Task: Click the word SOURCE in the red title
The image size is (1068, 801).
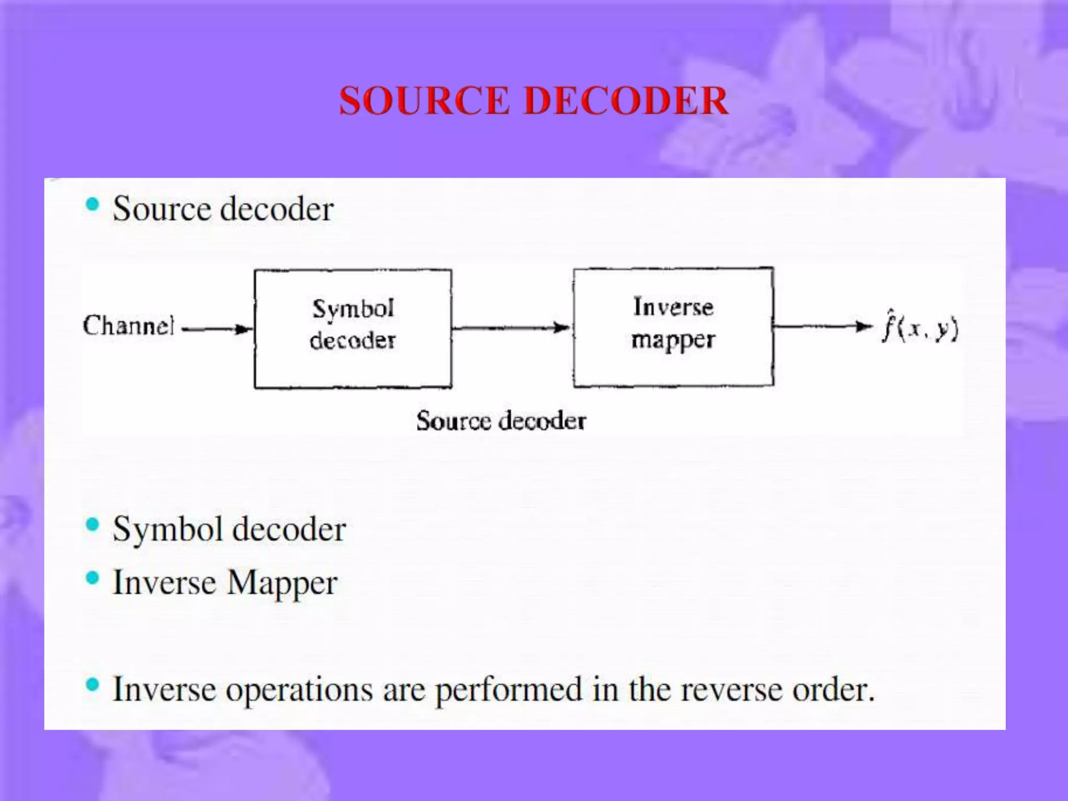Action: pyautogui.click(x=424, y=100)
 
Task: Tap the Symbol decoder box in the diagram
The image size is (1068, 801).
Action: pyautogui.click(x=353, y=329)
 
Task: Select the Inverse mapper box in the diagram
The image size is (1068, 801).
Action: pyautogui.click(x=673, y=327)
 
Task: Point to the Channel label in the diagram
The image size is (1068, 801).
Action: pyautogui.click(x=128, y=325)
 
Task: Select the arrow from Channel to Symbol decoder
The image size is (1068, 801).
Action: pyautogui.click(x=217, y=329)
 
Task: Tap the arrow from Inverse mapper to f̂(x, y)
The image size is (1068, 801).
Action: pyautogui.click(x=823, y=327)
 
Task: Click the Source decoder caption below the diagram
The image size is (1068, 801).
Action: pyautogui.click(x=501, y=421)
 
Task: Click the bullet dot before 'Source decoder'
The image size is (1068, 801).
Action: pyautogui.click(x=92, y=204)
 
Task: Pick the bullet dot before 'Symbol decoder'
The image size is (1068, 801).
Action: pyautogui.click(x=92, y=525)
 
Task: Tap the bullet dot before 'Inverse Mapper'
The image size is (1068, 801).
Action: pyautogui.click(x=92, y=578)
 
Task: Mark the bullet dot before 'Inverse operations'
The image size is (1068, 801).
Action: pyautogui.click(x=92, y=685)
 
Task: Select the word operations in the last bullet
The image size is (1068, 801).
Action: pyautogui.click(x=299, y=690)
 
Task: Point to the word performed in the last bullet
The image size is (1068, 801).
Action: pyautogui.click(x=508, y=690)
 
